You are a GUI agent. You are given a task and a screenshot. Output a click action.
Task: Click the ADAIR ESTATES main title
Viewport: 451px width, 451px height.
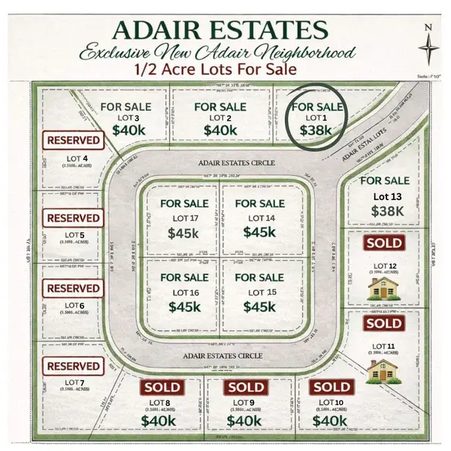point(219,31)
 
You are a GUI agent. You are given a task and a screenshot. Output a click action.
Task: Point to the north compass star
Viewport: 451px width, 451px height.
point(429,46)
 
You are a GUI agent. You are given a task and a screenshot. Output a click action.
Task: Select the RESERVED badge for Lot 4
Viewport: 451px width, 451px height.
point(73,140)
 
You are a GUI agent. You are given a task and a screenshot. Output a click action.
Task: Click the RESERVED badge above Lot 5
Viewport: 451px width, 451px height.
point(73,218)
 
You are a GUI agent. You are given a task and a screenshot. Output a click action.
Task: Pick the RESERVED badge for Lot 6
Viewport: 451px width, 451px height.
point(73,289)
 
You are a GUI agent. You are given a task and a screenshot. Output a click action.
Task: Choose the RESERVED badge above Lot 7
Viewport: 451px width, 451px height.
point(73,366)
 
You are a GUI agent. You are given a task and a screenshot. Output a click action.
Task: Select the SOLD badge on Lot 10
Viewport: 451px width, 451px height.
point(331,387)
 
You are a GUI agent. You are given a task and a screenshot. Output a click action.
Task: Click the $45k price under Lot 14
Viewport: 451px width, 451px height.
point(259,232)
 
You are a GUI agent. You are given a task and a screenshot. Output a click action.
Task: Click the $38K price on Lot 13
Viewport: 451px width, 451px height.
point(385,211)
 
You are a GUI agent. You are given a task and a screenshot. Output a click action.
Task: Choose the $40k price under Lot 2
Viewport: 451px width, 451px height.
point(219,130)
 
